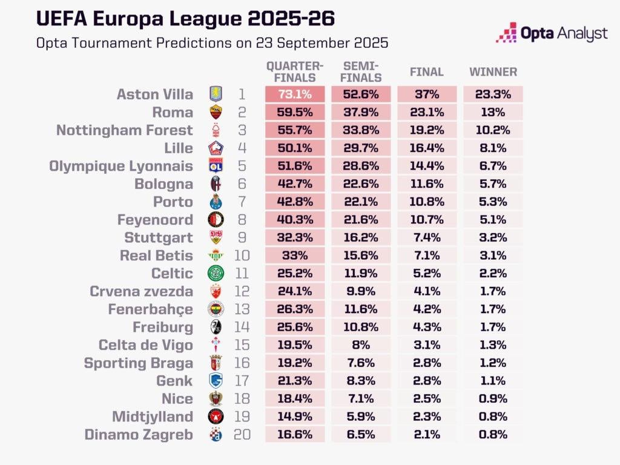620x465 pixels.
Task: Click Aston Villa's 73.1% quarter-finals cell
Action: tap(295, 94)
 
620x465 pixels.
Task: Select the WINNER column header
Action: tap(493, 72)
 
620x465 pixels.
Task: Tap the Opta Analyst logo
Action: tap(551, 33)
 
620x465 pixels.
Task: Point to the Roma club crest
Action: tap(216, 112)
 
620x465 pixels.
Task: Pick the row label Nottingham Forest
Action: tap(125, 130)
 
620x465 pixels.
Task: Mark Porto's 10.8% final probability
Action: tap(427, 202)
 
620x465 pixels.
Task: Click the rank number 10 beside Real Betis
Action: tap(242, 256)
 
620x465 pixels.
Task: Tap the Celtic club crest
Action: tap(216, 273)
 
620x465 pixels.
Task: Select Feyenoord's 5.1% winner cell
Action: tap(493, 220)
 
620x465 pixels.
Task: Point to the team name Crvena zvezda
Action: tap(141, 291)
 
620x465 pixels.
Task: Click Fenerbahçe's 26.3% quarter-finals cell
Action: tap(295, 309)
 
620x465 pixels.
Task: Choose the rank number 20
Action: tap(242, 434)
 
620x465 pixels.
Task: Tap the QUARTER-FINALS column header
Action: tap(295, 72)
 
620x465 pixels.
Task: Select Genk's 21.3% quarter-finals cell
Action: tap(295, 381)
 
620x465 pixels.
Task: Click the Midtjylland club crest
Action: tap(216, 417)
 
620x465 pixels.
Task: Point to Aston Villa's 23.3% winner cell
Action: tap(493, 94)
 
